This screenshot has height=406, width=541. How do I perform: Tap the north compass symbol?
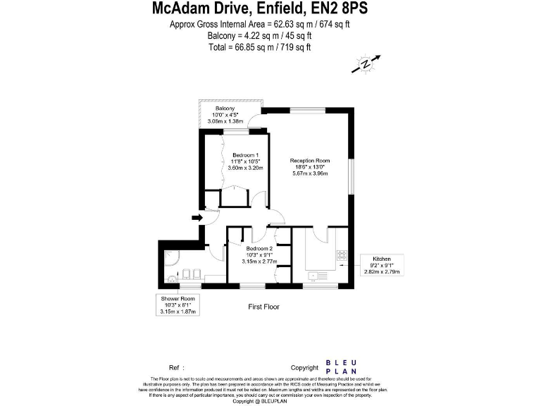click(366, 64)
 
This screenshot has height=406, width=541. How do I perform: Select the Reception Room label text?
click(310, 161)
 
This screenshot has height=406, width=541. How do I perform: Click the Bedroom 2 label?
click(259, 249)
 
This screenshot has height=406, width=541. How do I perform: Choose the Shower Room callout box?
click(178, 304)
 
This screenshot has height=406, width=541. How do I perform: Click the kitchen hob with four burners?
click(342, 255)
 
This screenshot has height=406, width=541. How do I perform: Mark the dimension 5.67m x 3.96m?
click(310, 173)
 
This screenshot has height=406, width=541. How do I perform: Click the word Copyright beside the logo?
click(304, 368)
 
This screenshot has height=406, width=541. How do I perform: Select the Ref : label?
click(176, 368)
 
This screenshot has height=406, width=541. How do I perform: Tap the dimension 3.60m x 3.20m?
click(245, 168)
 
